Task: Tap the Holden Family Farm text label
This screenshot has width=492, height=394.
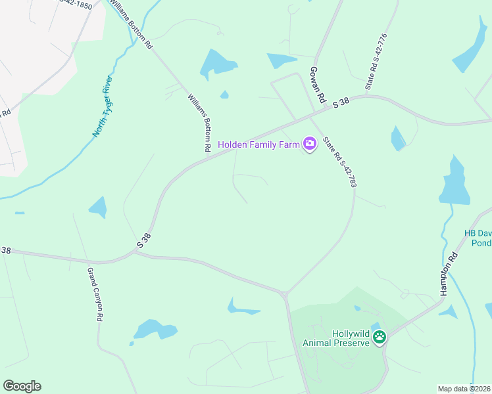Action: coord(258,144)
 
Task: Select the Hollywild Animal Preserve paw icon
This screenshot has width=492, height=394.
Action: coord(380,338)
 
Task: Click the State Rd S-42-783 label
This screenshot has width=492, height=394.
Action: coord(339,162)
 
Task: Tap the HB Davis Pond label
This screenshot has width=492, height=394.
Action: coord(478,238)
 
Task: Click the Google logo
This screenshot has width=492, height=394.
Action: coord(22,386)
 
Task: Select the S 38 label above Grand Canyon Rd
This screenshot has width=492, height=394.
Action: coord(144,240)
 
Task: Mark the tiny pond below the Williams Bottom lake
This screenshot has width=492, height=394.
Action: coord(224,95)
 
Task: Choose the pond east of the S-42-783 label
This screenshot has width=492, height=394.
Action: coord(398,139)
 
